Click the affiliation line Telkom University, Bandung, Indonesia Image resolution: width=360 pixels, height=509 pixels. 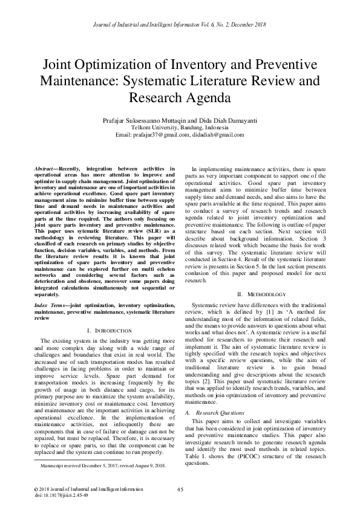click(x=180, y=127)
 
